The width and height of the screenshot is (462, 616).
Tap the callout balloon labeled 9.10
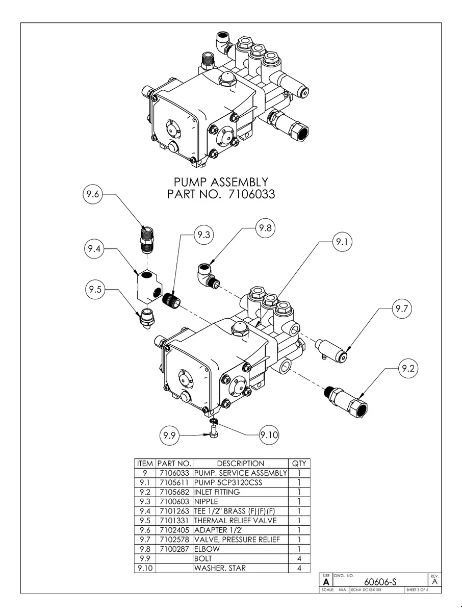268,435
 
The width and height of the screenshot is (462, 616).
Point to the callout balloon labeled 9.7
402,309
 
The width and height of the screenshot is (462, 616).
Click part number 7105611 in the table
174,482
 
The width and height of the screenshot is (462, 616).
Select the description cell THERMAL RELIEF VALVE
235,521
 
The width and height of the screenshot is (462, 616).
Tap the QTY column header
299,464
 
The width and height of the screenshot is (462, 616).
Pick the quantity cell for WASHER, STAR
299,568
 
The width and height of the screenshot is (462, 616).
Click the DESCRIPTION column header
240,464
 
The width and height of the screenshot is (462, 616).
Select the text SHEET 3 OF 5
417,590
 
